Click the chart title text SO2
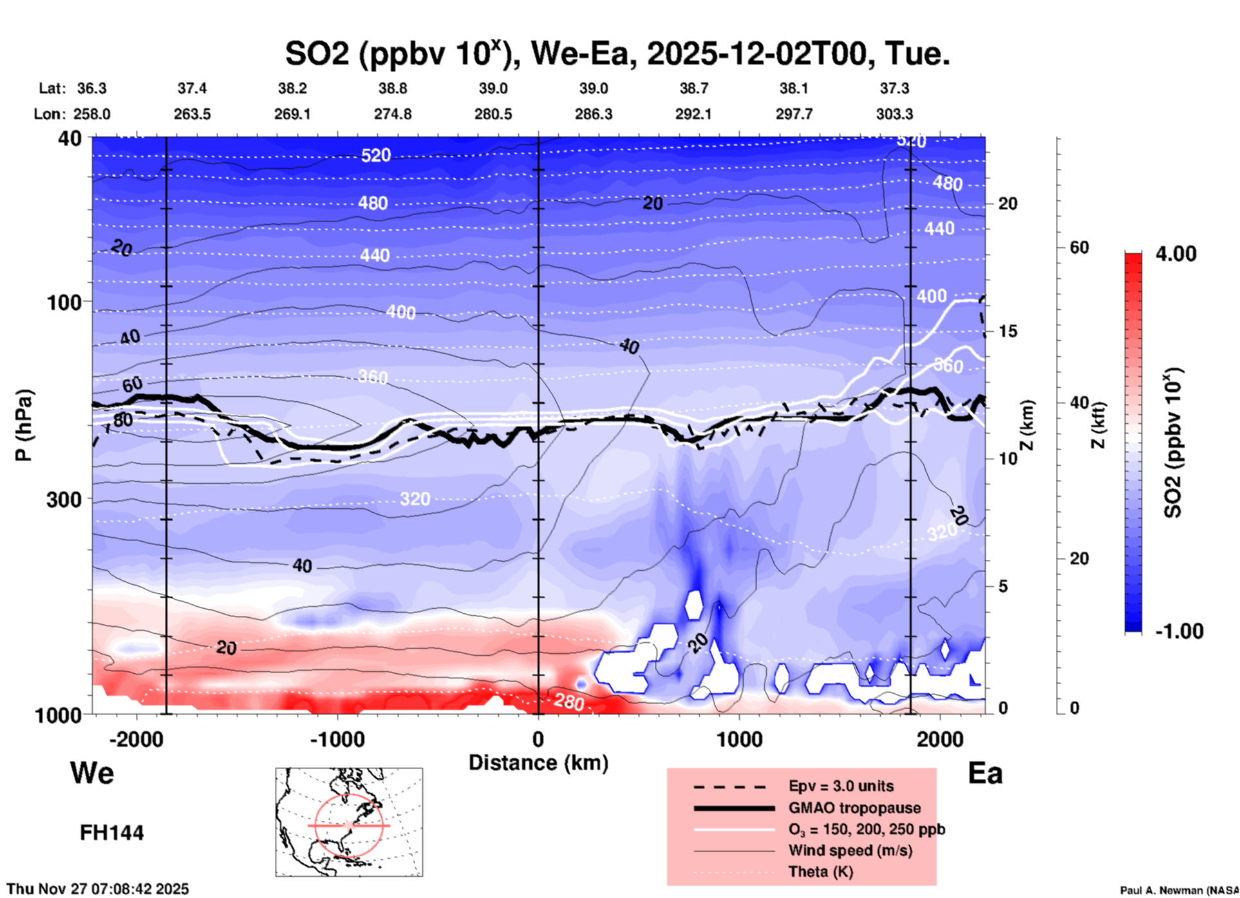pos(317,53)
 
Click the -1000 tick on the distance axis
pos(337,739)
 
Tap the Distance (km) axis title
pos(538,763)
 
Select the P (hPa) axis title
pos(24,425)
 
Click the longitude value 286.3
pos(593,114)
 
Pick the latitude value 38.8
pos(393,88)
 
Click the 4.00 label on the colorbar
pos(1176,254)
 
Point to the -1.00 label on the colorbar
pos(1179,631)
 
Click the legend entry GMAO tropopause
pos(854,808)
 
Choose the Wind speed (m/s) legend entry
pos(850,850)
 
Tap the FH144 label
pos(112,833)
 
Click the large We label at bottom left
pos(92,773)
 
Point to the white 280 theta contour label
pos(568,701)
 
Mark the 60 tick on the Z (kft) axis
pos(1079,247)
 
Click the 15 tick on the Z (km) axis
pos(1008,331)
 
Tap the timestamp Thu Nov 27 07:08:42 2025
pos(98,889)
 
